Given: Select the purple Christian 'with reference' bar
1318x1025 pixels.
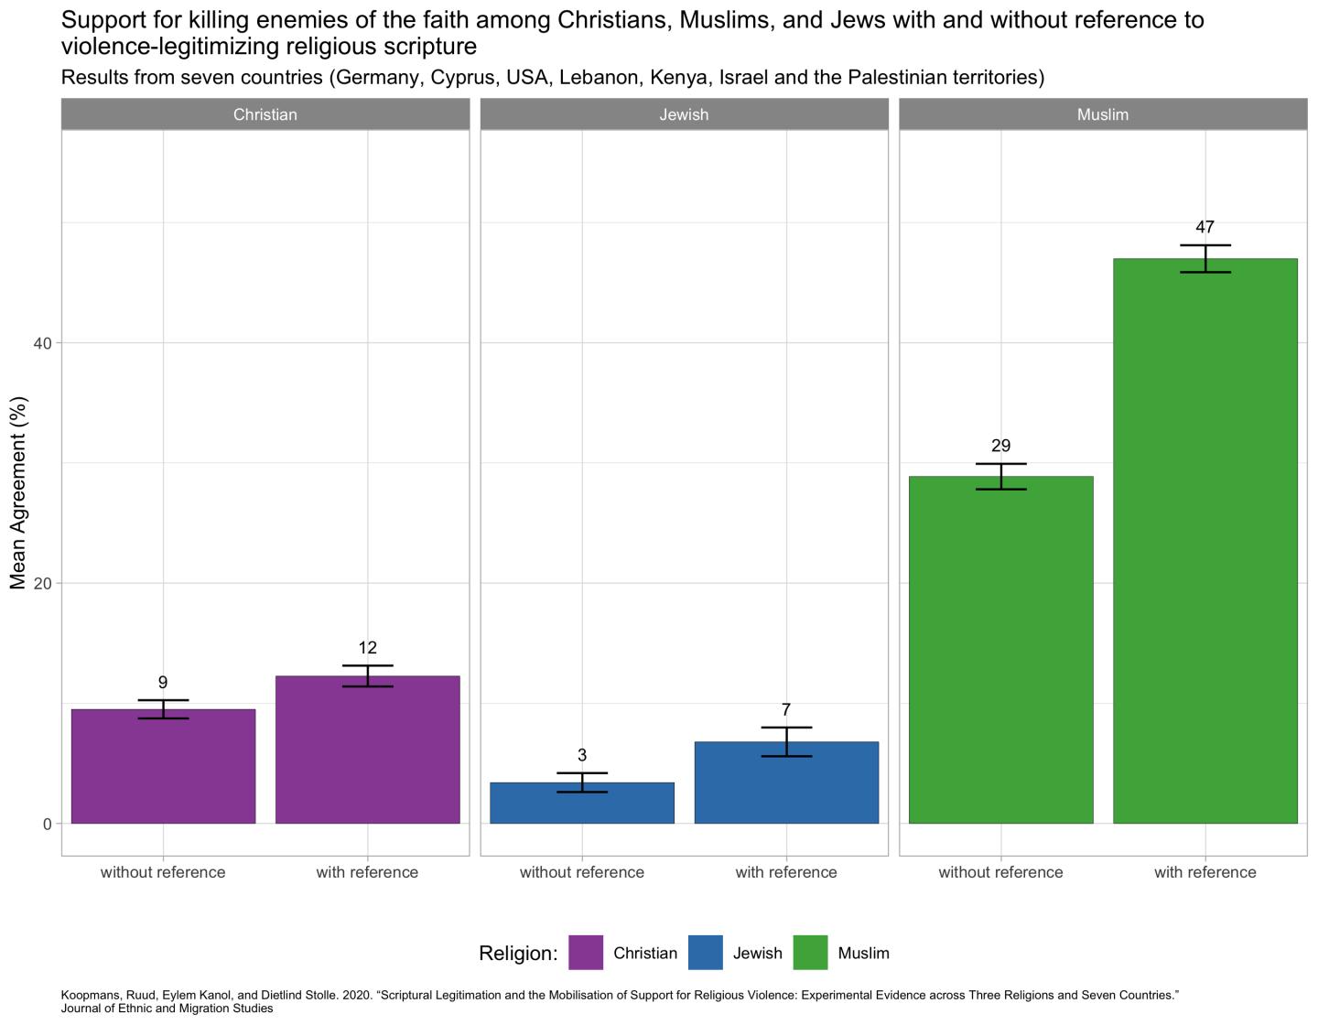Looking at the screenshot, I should click(x=367, y=750).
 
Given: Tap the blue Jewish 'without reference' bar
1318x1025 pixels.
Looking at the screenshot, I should click(x=582, y=803).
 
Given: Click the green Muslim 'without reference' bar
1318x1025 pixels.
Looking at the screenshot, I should click(x=1000, y=650).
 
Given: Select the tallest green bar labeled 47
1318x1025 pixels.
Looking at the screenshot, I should click(x=1205, y=540).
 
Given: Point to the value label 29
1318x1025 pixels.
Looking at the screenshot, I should click(x=1000, y=446).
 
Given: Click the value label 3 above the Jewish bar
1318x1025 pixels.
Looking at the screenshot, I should click(x=582, y=755).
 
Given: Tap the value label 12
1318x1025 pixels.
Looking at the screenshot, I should click(x=367, y=648).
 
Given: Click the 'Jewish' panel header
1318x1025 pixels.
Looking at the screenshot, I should click(x=684, y=114).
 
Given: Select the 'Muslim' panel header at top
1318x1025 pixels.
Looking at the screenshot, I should click(x=1103, y=114).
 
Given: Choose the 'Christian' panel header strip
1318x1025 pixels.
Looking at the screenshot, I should click(x=265, y=114).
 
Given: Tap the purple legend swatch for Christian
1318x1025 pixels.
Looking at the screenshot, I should click(x=586, y=953).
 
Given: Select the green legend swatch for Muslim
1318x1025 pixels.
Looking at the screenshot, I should click(x=810, y=953).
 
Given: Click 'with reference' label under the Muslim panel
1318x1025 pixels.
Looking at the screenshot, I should click(x=1205, y=872).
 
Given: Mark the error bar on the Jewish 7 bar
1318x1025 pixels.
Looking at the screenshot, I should click(x=786, y=741).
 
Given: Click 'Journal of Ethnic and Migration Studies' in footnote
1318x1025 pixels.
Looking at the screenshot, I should click(x=167, y=1009).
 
